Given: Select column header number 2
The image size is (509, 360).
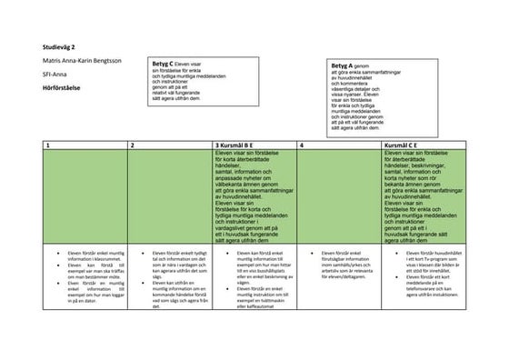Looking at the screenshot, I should (132, 145).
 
